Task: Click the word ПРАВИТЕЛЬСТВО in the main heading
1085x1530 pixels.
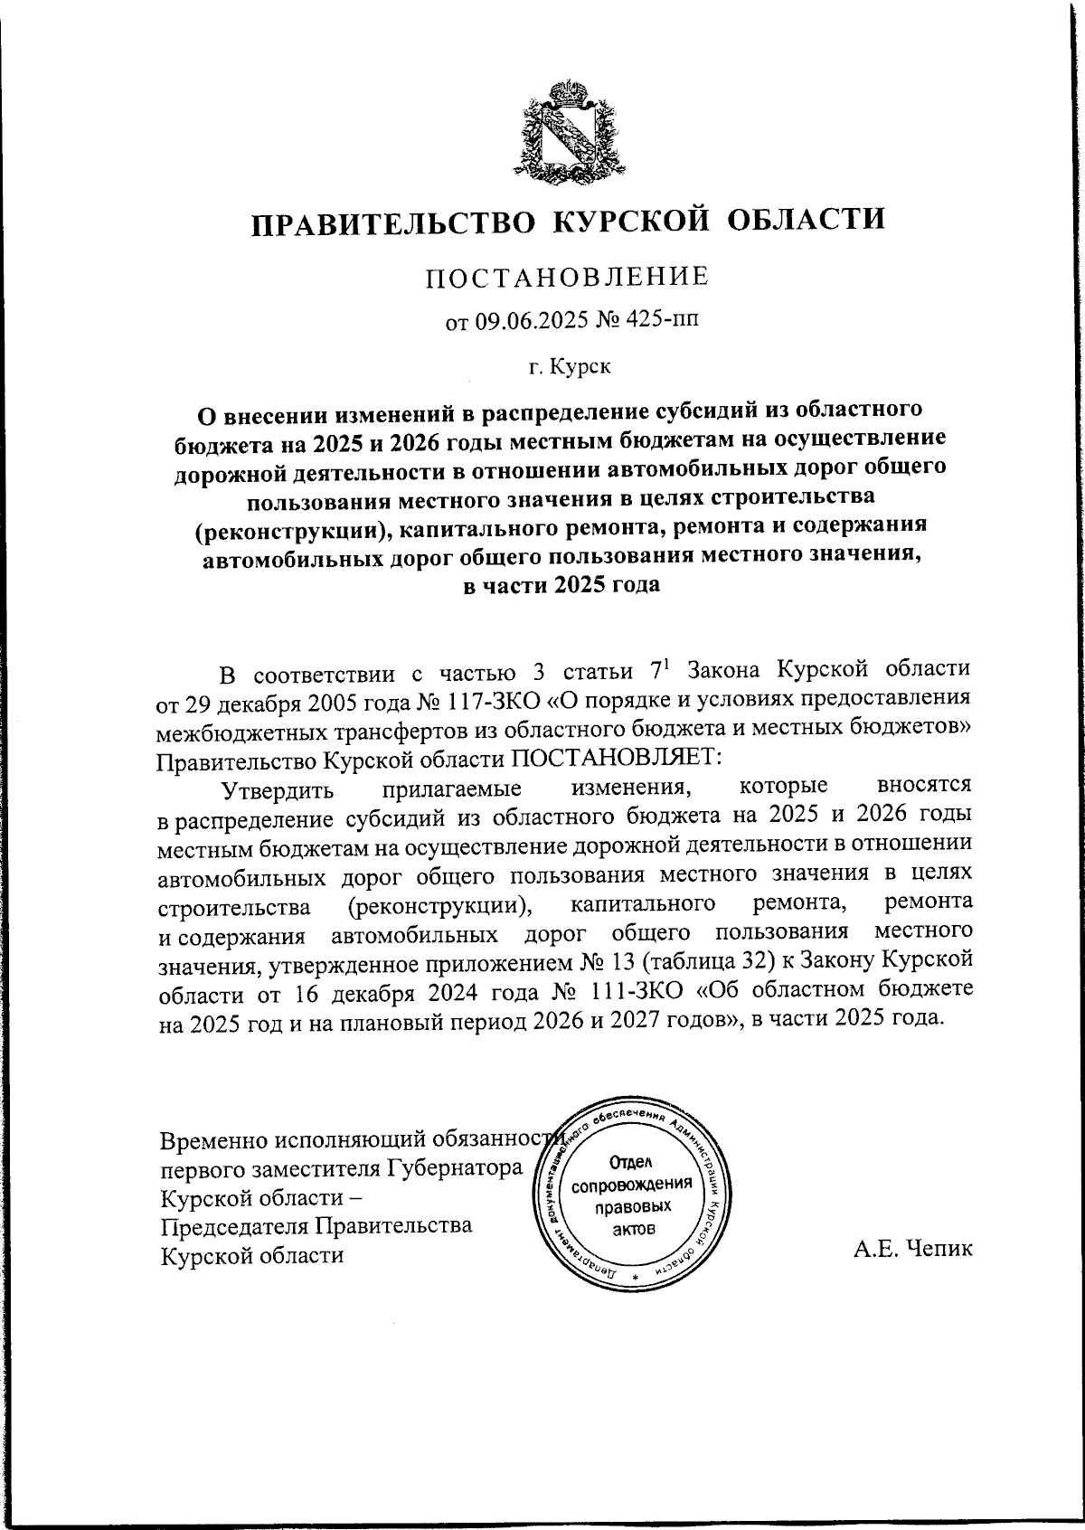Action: point(392,222)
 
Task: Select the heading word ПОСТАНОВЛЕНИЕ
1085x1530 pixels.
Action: point(568,277)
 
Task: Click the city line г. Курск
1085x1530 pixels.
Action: point(568,367)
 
